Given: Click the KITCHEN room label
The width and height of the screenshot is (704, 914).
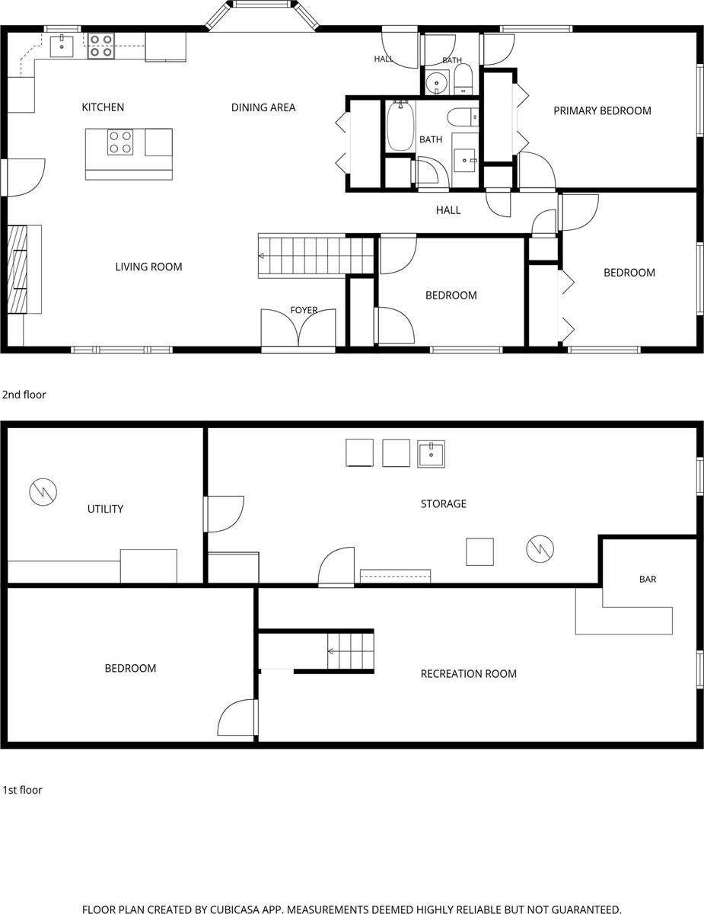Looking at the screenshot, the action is point(103,107).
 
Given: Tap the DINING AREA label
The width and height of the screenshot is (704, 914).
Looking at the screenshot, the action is point(263,107).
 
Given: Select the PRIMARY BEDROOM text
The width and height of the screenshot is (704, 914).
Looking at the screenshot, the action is point(602,110).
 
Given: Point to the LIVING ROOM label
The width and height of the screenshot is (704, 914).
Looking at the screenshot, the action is point(148,267).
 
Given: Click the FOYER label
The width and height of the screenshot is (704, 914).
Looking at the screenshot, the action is point(304,310).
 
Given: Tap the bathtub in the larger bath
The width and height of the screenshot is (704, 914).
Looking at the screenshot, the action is point(400,126).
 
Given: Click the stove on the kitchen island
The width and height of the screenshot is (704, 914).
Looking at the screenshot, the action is point(120,142).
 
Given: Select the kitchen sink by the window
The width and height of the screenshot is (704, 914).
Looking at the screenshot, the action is point(62,46).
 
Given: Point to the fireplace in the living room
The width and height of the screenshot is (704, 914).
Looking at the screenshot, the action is point(18,269).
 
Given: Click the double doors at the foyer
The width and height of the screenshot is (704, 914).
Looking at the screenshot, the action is point(298,328).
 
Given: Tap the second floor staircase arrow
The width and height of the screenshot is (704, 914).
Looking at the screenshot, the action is point(261,256).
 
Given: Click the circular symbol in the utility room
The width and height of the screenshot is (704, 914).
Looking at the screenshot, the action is point(43,492).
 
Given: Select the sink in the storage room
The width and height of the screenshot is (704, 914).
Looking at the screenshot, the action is point(431,454).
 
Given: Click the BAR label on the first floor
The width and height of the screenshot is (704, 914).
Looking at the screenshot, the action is point(648,579).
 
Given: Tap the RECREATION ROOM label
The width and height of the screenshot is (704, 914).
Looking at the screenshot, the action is point(469,674).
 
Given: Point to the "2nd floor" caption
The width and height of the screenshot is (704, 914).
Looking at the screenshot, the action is point(24,395).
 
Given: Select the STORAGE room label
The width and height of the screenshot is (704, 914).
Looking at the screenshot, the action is point(444,504).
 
